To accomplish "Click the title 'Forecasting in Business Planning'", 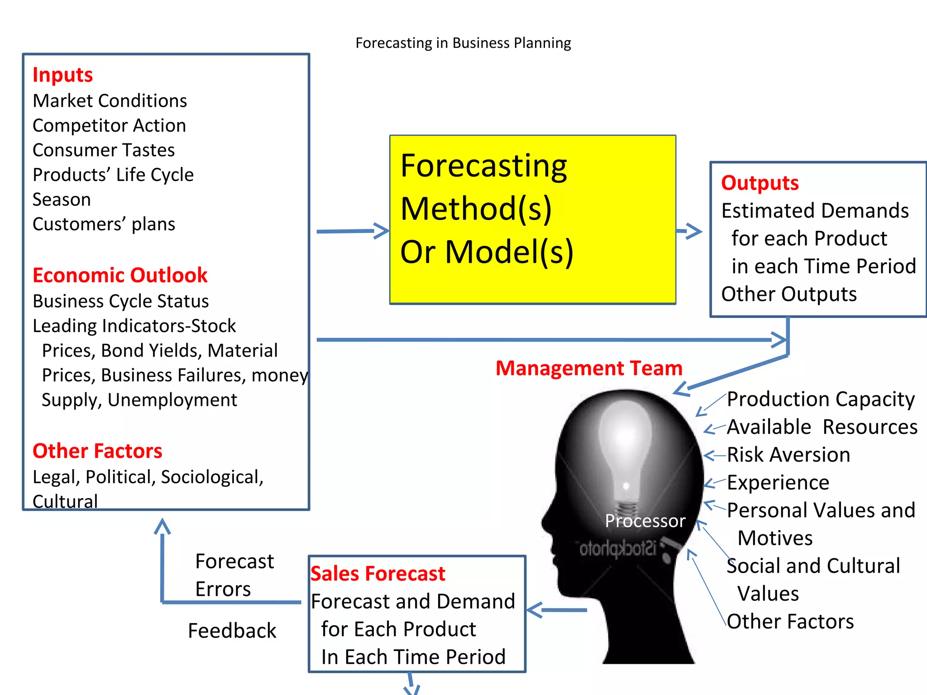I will tap(463, 43).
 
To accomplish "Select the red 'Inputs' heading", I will tap(62, 75).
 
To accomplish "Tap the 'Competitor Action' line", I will tap(109, 126).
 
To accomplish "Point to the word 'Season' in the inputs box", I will tap(62, 200).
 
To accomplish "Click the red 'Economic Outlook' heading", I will tap(120, 275).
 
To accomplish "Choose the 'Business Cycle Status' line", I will tap(120, 301).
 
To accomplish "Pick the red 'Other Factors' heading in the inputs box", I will tap(97, 451).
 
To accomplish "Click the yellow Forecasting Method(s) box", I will tap(533, 219).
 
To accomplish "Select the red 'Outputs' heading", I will tap(760, 183).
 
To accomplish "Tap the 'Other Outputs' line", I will tap(788, 295).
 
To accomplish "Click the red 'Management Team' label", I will tap(589, 368).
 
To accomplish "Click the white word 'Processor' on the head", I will tap(645, 521).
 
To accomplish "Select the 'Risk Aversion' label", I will tap(788, 455).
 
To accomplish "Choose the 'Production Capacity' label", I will tap(821, 399).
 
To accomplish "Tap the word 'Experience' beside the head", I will tap(778, 483).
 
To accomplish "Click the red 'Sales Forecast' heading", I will tap(377, 574).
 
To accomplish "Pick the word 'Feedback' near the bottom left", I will tap(232, 631).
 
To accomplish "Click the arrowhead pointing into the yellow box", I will tap(382, 231).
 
